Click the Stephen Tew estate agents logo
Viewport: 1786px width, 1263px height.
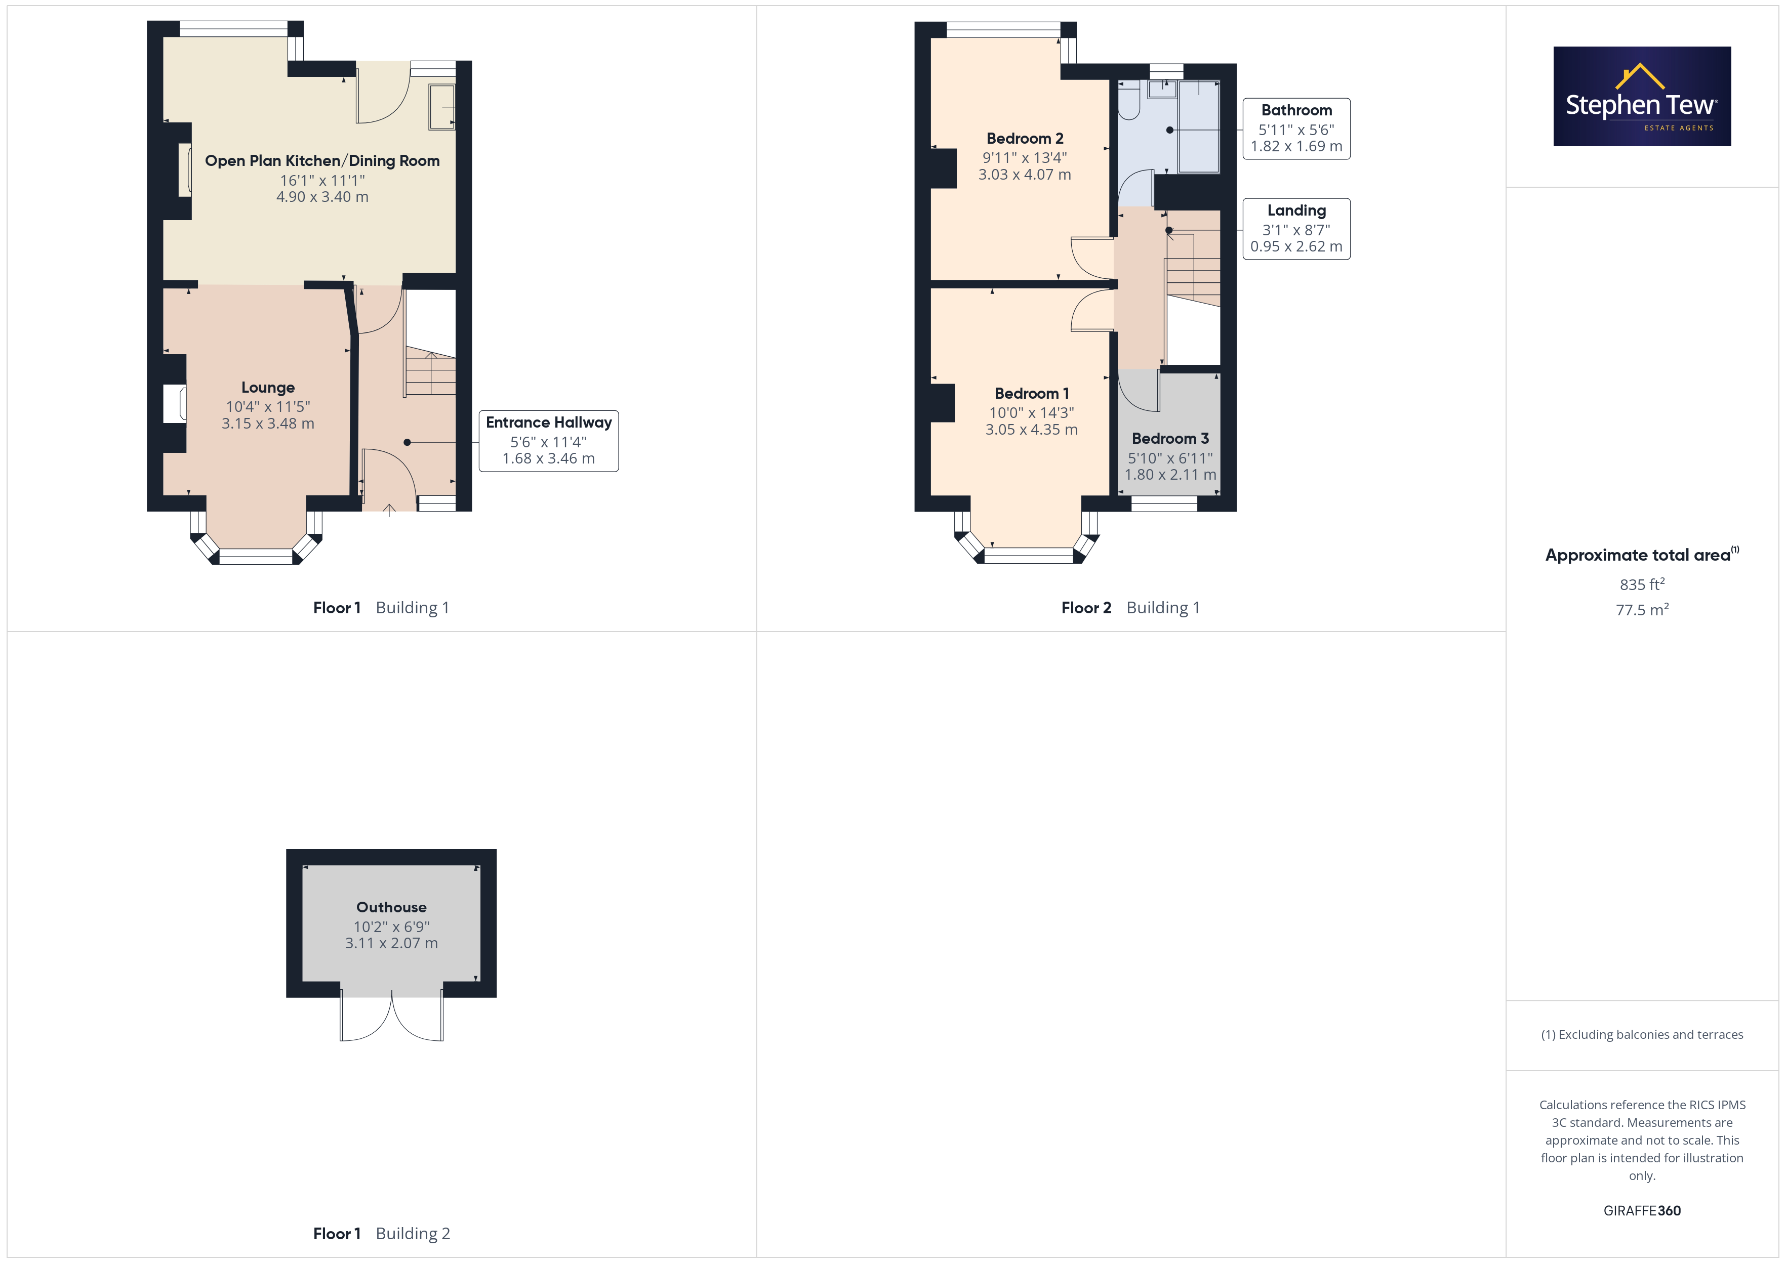pyautogui.click(x=1642, y=97)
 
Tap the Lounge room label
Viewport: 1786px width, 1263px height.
pyautogui.click(x=268, y=387)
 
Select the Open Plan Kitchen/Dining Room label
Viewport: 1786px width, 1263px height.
pyautogui.click(x=322, y=161)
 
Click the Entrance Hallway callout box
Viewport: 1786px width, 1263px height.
pyautogui.click(x=548, y=441)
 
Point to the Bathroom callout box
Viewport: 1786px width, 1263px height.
pyautogui.click(x=1296, y=129)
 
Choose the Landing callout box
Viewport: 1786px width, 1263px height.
pyautogui.click(x=1296, y=229)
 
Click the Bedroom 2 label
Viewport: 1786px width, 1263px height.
pyautogui.click(x=1025, y=139)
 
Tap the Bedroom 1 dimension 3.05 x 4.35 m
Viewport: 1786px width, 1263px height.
pyautogui.click(x=1032, y=429)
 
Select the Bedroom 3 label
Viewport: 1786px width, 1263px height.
pyautogui.click(x=1170, y=439)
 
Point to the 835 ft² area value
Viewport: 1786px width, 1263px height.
pyautogui.click(x=1642, y=584)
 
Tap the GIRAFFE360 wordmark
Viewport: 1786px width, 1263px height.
pyautogui.click(x=1642, y=1211)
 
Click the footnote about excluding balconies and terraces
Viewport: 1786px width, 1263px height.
pyautogui.click(x=1642, y=1034)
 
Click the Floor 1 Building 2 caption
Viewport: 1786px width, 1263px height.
pyautogui.click(x=381, y=1234)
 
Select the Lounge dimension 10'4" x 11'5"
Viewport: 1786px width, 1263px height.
pyautogui.click(x=268, y=407)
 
